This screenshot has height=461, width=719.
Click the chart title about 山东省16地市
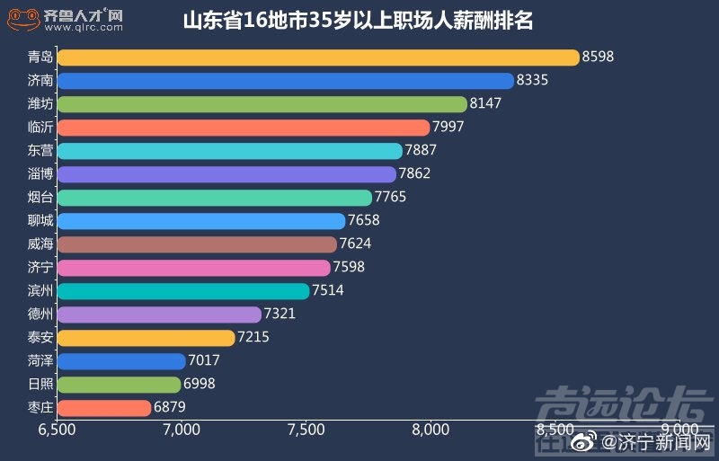coord(358,21)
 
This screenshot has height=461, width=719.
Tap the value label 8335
coord(532,81)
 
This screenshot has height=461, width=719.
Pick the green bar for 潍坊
coord(262,104)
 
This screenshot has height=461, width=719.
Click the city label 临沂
coord(40,128)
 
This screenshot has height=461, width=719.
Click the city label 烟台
coord(40,198)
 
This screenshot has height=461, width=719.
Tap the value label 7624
coord(355,244)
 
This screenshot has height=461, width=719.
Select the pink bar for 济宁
coord(193,268)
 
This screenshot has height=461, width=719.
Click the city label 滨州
coord(40,291)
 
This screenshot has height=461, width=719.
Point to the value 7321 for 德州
coord(280,315)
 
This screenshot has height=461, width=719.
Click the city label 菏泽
coord(40,361)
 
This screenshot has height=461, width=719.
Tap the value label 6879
coord(171,408)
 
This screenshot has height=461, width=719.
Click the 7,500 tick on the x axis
coord(306,430)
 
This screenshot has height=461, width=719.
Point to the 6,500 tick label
coord(58,430)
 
